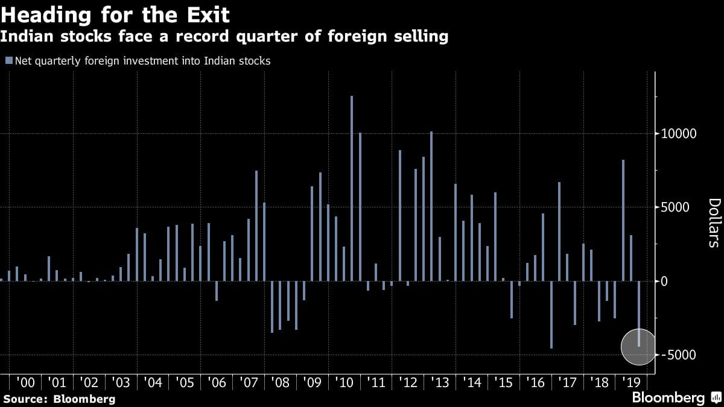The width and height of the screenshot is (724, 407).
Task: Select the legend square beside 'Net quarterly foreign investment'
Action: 8,60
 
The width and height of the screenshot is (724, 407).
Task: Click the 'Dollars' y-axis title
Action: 714,222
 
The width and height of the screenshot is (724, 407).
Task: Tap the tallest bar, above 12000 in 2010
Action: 352,188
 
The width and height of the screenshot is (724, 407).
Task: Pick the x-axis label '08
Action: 281,382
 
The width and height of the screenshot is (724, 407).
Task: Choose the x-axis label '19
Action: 630,382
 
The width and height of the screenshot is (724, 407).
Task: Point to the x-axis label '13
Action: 440,382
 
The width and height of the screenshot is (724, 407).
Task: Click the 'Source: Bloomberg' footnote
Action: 59,399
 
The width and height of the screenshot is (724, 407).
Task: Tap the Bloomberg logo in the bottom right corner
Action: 676,397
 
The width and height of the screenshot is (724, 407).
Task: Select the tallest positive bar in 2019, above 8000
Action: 623,220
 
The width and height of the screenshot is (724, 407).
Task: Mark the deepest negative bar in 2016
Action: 551,314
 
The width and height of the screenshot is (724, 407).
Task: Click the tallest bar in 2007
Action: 256,226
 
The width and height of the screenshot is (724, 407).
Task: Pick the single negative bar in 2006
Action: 217,291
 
